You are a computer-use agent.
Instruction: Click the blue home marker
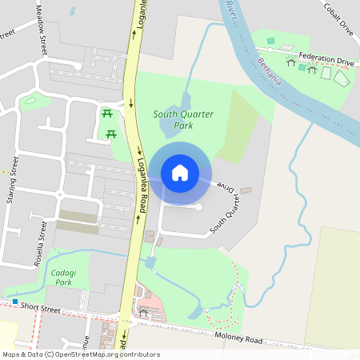click(x=180, y=172)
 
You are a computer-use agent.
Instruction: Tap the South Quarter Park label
click(x=183, y=120)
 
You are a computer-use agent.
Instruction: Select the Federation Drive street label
click(x=326, y=59)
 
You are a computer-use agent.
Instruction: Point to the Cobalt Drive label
click(x=338, y=18)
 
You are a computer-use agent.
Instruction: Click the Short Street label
click(x=41, y=307)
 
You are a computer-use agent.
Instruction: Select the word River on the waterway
click(x=232, y=10)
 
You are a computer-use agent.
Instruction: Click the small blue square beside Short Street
click(x=14, y=302)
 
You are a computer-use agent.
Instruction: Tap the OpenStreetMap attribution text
click(x=81, y=354)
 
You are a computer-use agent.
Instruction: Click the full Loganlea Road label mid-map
click(x=141, y=184)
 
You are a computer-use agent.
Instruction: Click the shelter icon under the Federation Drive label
click(x=312, y=70)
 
